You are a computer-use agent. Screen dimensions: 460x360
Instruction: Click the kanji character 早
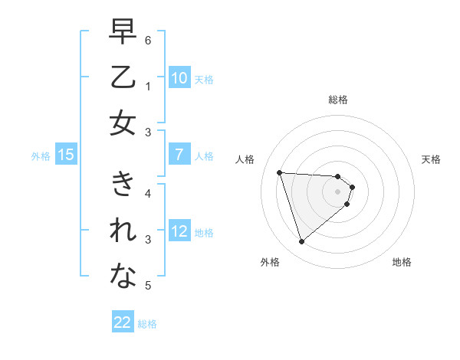click(x=123, y=33)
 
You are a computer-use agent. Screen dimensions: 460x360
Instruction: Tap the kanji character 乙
click(x=123, y=77)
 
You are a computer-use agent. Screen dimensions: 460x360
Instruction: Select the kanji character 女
click(x=123, y=123)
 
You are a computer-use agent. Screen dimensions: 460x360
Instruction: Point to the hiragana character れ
click(x=123, y=231)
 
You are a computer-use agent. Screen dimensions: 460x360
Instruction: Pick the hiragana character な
click(x=123, y=277)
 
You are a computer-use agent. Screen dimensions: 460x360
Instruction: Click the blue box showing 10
click(x=179, y=78)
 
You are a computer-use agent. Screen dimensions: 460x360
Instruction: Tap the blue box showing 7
click(x=179, y=155)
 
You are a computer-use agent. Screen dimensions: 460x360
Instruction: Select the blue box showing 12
click(x=179, y=231)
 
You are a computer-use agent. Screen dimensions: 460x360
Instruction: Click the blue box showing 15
click(x=65, y=155)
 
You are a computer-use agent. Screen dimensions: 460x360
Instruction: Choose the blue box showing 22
click(x=123, y=322)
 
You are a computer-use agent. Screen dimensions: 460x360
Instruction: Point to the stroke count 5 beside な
click(x=147, y=286)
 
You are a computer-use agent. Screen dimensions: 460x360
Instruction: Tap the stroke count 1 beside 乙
click(x=147, y=86)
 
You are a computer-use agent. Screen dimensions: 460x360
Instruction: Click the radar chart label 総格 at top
click(x=337, y=100)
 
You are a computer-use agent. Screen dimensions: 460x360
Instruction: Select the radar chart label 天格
click(x=431, y=159)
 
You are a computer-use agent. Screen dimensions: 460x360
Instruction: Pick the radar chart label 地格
click(x=402, y=262)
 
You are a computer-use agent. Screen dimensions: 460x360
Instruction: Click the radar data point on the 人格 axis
click(x=280, y=172)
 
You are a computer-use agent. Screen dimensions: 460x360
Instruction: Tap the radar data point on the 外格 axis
click(x=301, y=242)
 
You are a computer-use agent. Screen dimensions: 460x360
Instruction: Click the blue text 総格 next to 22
click(x=147, y=324)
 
